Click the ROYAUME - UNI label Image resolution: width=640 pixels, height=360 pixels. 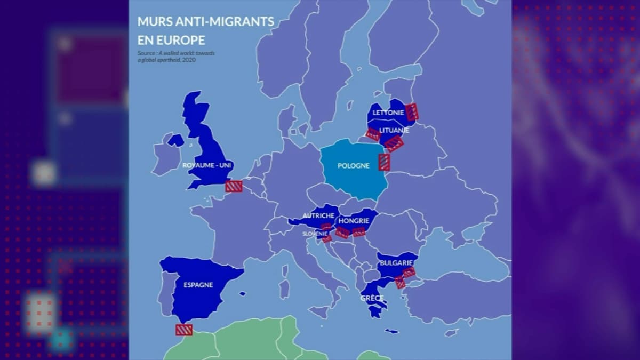(x=205, y=165)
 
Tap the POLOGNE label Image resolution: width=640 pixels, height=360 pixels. (x=353, y=166)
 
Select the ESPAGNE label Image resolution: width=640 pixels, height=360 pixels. (x=198, y=285)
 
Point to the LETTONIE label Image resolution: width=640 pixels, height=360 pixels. (x=388, y=113)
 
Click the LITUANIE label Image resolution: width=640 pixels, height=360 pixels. (x=395, y=130)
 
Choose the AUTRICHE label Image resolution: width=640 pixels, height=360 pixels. (x=318, y=215)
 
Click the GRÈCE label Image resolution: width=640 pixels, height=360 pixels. (x=372, y=298)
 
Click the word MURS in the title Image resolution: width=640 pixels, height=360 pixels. (x=151, y=22)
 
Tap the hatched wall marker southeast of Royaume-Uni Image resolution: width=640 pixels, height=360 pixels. (x=234, y=186)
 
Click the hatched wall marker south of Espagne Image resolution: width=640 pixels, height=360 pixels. (x=184, y=330)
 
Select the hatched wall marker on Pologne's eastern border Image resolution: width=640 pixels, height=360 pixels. (x=384, y=162)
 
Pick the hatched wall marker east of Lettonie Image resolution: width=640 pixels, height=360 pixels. (x=412, y=112)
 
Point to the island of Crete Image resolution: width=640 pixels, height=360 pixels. (x=391, y=331)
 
